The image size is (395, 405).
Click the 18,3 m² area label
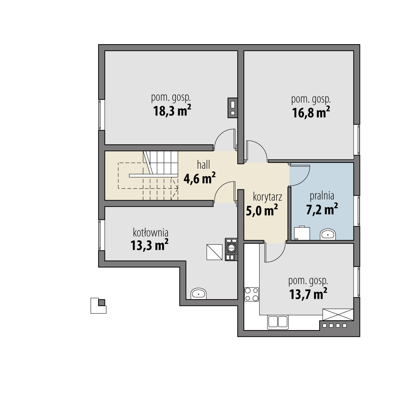point(172,111)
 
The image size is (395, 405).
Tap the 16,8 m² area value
point(311,112)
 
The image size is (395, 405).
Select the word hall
point(203,165)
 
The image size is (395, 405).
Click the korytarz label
point(267,197)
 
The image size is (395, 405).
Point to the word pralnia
point(322,196)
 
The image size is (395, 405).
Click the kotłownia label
point(150,233)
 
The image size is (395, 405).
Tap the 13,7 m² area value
point(308,294)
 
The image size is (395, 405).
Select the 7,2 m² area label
point(322,209)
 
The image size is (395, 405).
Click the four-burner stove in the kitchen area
point(252,294)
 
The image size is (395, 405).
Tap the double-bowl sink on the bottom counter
point(278,322)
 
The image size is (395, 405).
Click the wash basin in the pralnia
point(328,234)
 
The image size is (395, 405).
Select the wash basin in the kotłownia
point(198,294)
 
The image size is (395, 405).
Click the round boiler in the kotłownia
point(231,248)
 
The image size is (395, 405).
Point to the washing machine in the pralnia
point(302,233)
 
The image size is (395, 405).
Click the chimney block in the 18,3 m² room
point(233,108)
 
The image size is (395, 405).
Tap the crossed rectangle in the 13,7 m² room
point(338,315)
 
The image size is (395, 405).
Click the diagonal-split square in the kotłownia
point(214,252)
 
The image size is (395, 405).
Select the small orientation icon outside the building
point(98,306)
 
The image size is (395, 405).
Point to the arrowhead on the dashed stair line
point(177,188)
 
